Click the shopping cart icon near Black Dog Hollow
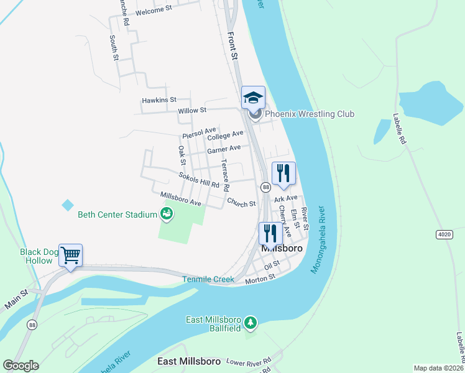tap(70, 254)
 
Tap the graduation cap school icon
tap(253, 97)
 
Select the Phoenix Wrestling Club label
tap(309, 114)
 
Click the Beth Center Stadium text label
tap(117, 215)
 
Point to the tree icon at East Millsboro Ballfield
tap(250, 322)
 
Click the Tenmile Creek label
tap(208, 280)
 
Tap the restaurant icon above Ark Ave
tap(283, 173)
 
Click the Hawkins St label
tap(159, 99)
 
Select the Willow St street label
tap(192, 111)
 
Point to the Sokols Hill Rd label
tap(199, 180)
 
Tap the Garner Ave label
tap(224, 149)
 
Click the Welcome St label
tap(153, 11)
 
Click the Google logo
tap(21, 366)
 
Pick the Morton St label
tap(260, 280)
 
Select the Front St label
tap(233, 47)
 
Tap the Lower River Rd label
tap(249, 361)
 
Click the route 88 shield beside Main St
tap(31, 325)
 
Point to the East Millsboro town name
tap(185, 362)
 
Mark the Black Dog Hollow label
tap(36, 256)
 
